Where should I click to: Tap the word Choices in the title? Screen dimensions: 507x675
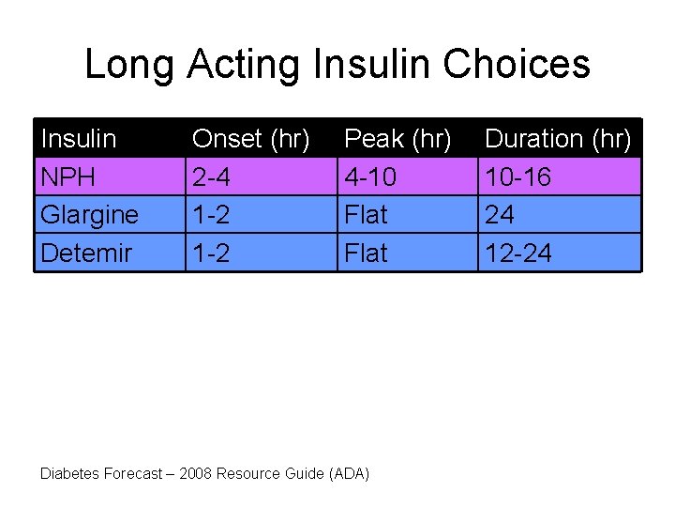click(517, 64)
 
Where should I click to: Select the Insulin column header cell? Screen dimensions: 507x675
click(79, 139)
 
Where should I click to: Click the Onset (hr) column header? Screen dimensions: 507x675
click(250, 139)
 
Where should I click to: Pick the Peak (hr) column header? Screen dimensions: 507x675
click(397, 139)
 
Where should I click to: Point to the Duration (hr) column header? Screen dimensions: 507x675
click(558, 139)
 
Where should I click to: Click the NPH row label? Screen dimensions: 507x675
click(67, 177)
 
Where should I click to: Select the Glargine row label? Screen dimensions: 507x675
click(89, 215)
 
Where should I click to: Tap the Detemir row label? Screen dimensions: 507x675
click(86, 253)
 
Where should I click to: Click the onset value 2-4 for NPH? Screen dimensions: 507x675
click(211, 177)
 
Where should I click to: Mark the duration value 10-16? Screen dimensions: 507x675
click(517, 177)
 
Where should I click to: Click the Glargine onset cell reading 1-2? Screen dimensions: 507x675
click(211, 215)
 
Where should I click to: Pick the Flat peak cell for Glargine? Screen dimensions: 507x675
click(366, 215)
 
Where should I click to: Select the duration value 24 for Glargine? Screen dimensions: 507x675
click(500, 215)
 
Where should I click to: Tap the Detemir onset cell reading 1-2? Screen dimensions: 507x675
click(211, 253)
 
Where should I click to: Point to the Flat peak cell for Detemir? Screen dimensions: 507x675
click(366, 253)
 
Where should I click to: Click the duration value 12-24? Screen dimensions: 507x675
click(517, 253)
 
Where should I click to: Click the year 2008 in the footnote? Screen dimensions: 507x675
click(196, 473)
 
